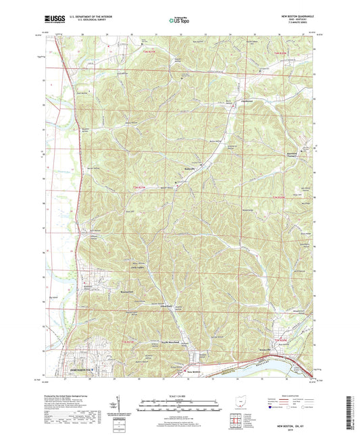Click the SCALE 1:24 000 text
[x=179, y=396]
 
